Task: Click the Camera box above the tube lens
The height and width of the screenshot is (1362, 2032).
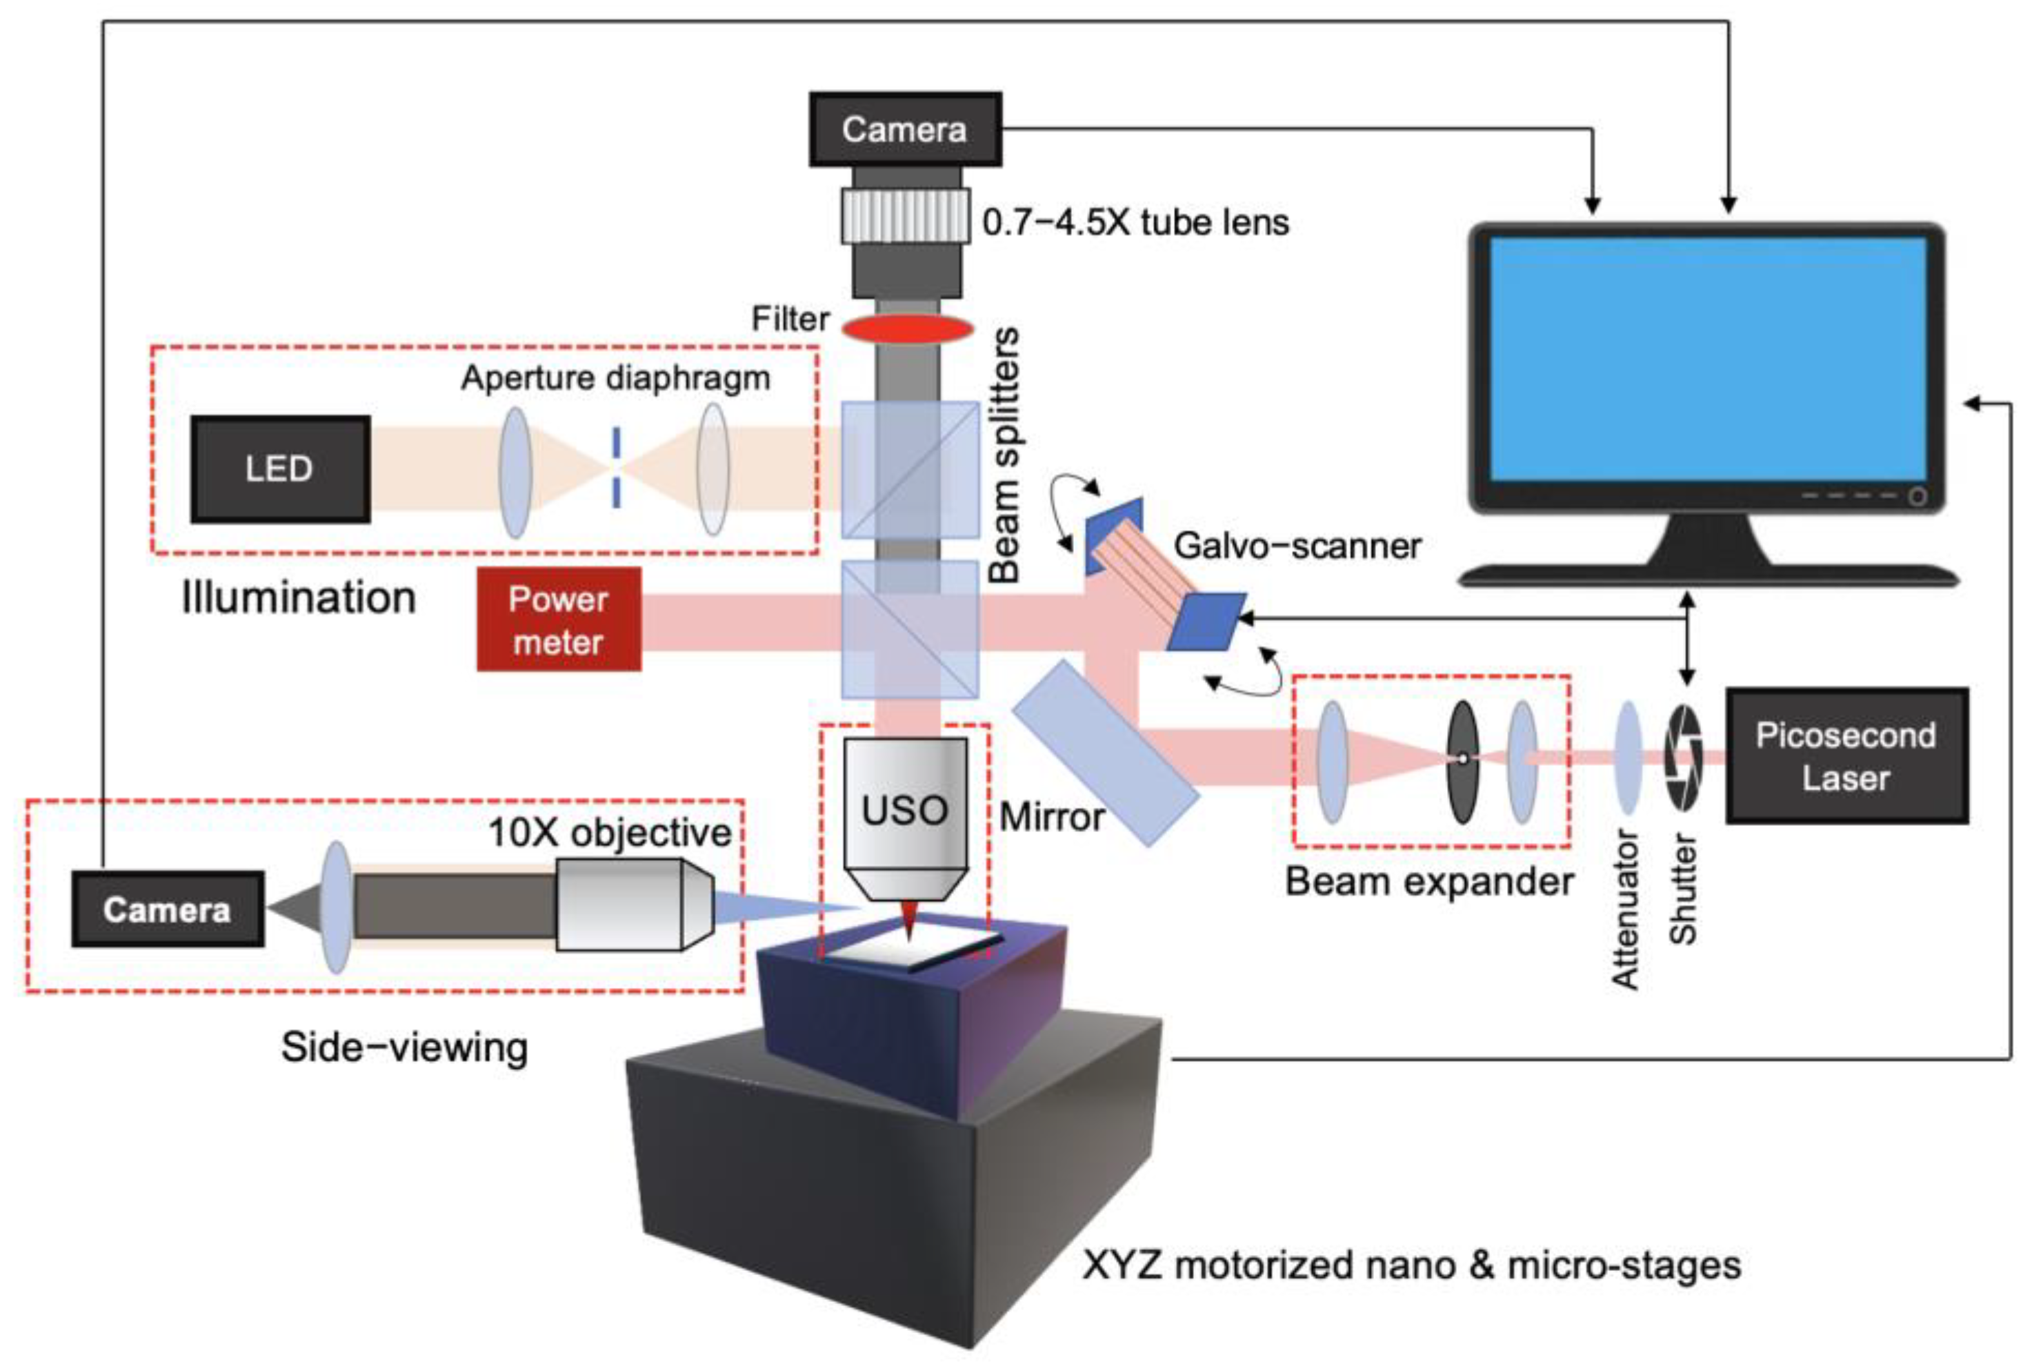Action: [x=905, y=130]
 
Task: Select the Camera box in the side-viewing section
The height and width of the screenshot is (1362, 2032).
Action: [x=168, y=909]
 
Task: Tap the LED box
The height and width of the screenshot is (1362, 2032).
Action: [x=279, y=469]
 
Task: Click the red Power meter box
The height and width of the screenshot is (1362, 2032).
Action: [x=559, y=620]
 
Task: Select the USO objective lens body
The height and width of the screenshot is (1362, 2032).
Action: [x=905, y=812]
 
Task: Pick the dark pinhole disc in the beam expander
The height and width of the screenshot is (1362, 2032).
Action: [x=1462, y=762]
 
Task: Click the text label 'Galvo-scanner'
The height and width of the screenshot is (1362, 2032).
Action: [x=1297, y=546]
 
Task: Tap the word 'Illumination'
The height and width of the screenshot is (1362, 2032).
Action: [x=299, y=598]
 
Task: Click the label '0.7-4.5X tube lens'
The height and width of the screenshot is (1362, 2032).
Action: [x=1135, y=222]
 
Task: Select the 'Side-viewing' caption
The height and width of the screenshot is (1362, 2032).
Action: [x=404, y=1047]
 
